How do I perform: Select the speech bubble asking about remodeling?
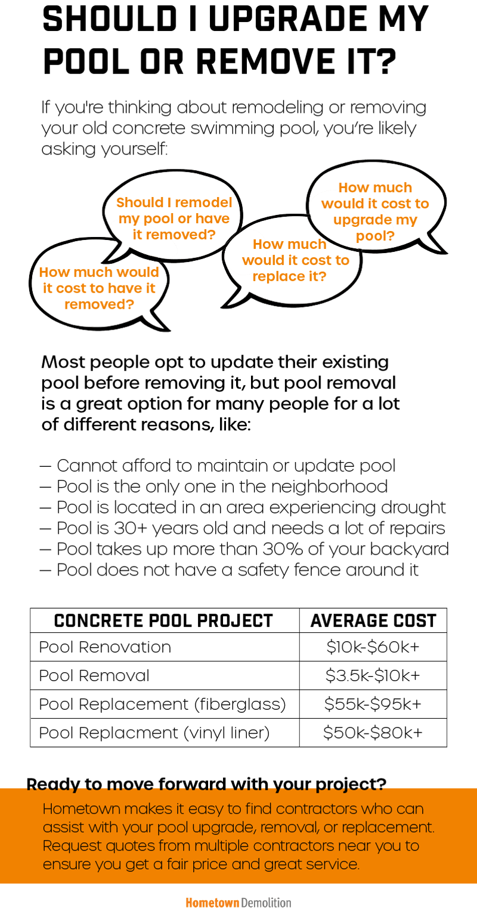(x=173, y=219)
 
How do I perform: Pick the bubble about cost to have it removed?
(x=99, y=288)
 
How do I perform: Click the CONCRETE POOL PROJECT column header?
(x=163, y=621)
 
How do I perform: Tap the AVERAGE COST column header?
(x=373, y=621)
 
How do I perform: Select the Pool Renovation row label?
(x=105, y=647)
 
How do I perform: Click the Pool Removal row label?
(x=94, y=676)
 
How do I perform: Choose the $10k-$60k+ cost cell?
(x=373, y=647)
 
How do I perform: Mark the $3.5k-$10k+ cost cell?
(x=373, y=676)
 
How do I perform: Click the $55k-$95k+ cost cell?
(x=373, y=704)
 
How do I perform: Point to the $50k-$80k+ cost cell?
(x=373, y=732)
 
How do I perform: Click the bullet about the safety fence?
(x=229, y=570)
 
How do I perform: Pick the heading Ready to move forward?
(x=206, y=784)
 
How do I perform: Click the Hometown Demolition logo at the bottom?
(x=238, y=901)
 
